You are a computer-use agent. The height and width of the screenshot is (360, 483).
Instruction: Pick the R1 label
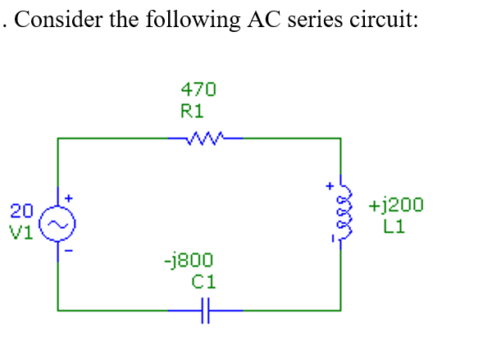coord(192,109)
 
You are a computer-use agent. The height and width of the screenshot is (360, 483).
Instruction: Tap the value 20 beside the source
coord(21,209)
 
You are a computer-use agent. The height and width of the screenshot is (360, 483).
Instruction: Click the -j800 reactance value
coord(189,262)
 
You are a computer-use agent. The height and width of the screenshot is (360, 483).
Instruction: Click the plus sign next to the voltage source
coord(70,198)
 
